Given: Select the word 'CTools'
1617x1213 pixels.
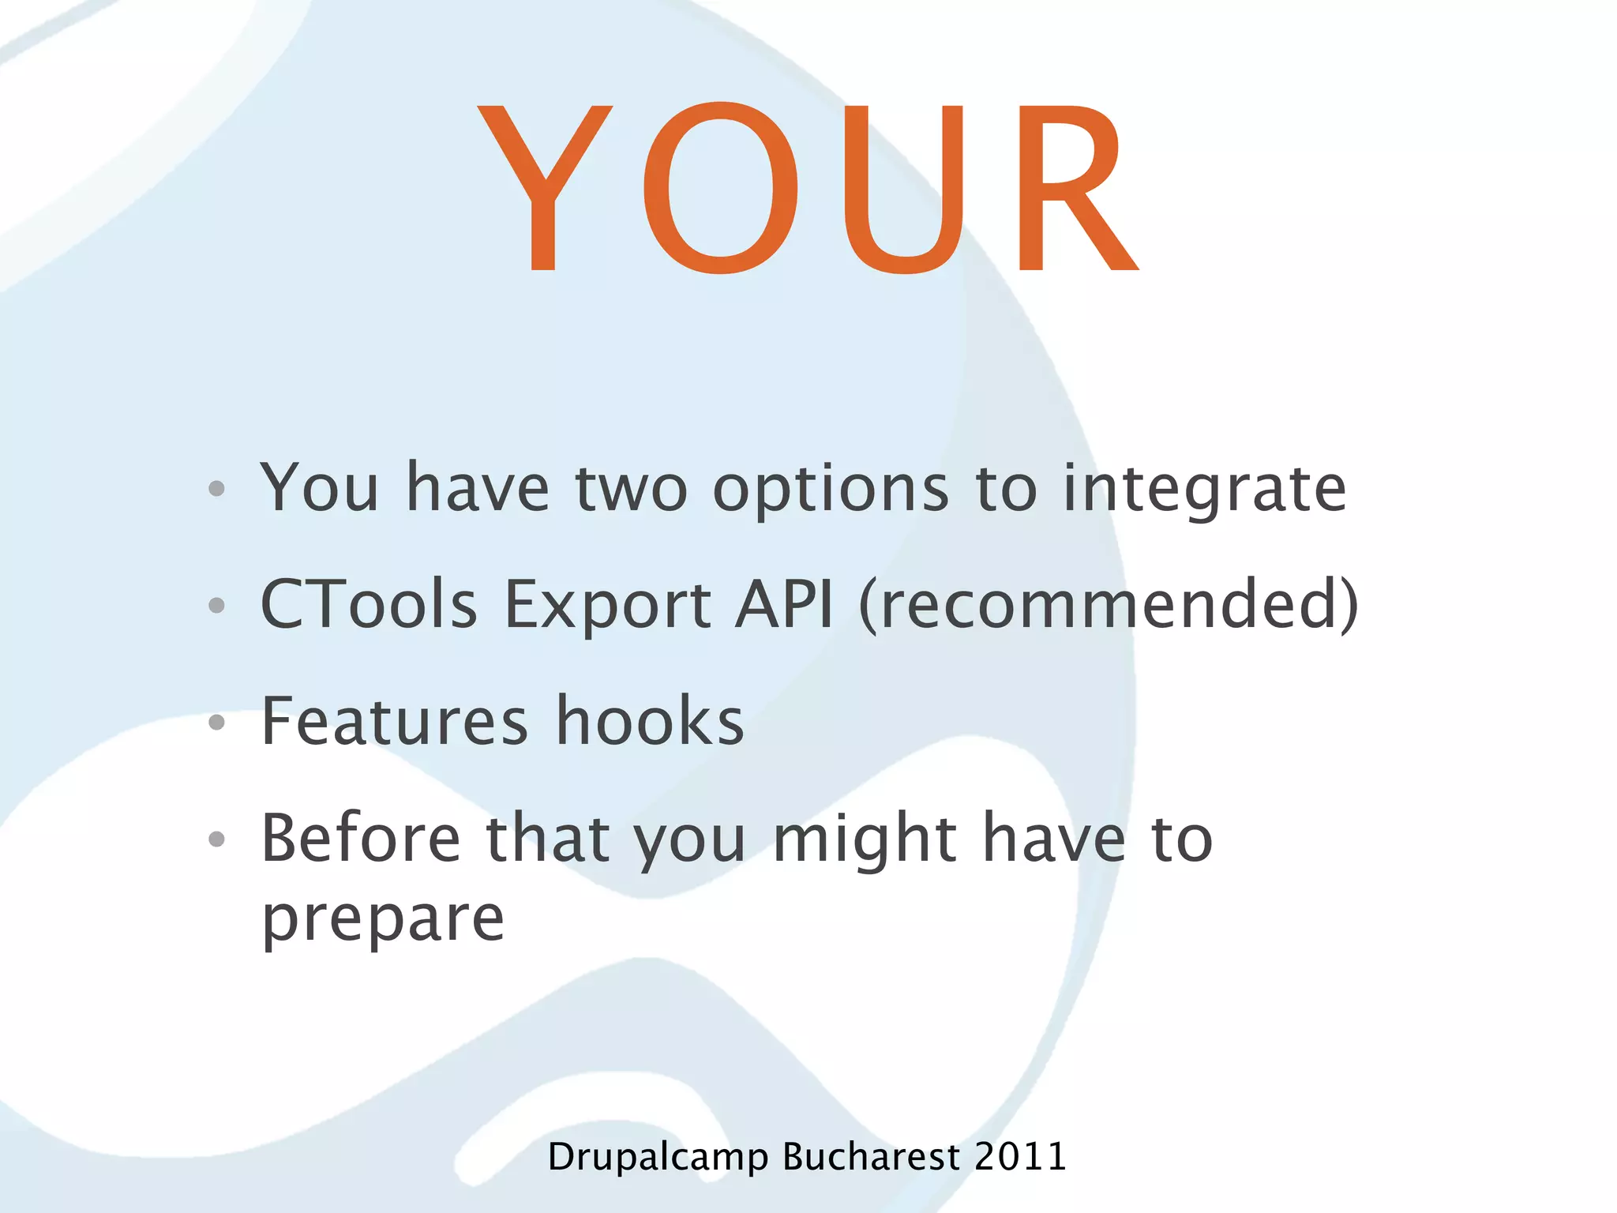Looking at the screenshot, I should point(369,604).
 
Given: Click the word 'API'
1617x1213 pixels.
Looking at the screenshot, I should point(783,604).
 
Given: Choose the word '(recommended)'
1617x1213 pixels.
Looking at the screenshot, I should point(1109,604).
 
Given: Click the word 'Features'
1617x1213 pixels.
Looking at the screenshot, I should point(394,720).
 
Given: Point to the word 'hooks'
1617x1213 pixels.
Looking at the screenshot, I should point(650,720).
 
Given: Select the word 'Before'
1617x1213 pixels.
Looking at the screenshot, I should point(361,837).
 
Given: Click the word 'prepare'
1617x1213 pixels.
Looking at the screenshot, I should point(383,920).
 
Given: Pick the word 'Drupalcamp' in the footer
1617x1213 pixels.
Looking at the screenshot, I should point(658,1157).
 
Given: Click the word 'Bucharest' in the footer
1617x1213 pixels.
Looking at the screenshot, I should point(871,1157).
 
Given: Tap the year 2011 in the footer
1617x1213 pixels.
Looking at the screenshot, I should point(1020,1157).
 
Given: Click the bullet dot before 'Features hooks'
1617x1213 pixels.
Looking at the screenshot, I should point(217,722).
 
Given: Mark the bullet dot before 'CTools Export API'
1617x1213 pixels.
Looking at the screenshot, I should point(217,606).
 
